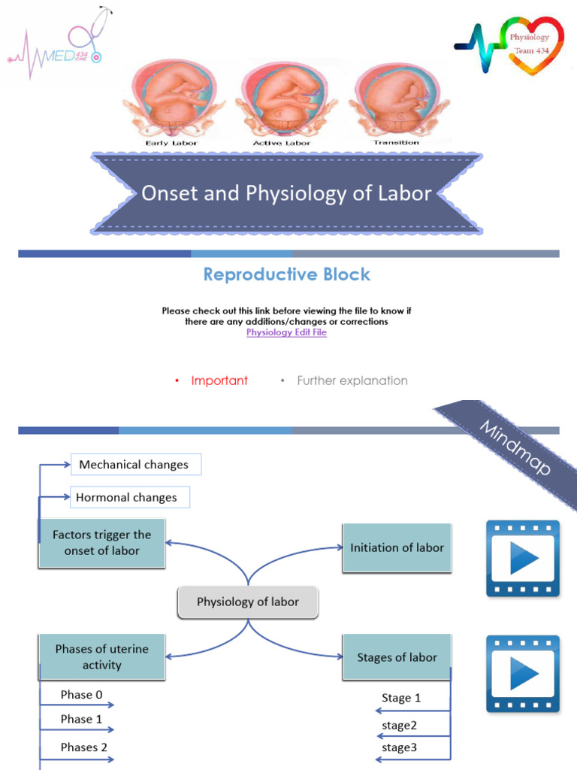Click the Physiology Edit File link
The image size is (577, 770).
[286, 332]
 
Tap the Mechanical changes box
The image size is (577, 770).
[135, 465]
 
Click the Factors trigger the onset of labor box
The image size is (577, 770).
[101, 543]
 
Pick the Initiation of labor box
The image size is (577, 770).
[397, 547]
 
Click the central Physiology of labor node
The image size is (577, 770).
[247, 602]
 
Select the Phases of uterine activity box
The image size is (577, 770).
[101, 656]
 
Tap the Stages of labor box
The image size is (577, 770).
[397, 657]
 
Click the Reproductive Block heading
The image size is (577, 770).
[287, 274]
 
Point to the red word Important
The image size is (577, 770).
[219, 380]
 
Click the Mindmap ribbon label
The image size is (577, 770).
[515, 449]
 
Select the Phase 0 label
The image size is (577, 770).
[82, 695]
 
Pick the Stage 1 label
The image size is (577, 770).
[401, 698]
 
